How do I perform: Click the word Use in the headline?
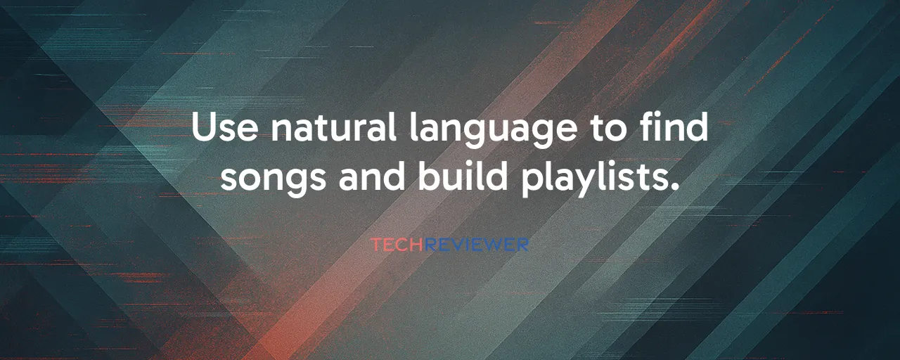(x=224, y=129)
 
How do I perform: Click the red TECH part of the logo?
(x=397, y=245)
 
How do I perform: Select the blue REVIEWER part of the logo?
(x=477, y=245)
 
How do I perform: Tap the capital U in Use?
(x=205, y=127)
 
